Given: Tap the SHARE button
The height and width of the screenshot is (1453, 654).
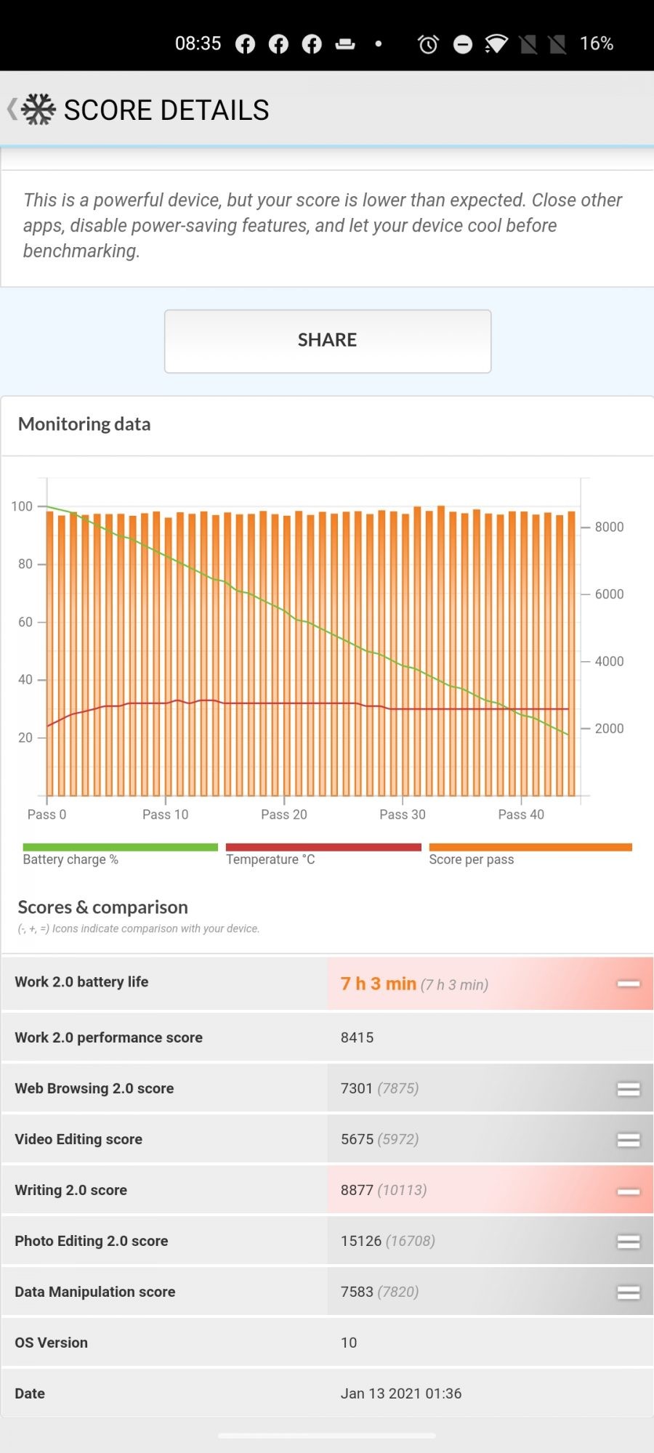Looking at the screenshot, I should click(327, 341).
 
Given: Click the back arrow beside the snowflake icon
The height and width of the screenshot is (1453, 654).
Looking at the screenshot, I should click(12, 109).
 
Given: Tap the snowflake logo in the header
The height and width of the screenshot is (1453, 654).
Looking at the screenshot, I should click(39, 110).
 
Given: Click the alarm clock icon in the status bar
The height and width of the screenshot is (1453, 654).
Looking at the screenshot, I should click(428, 44).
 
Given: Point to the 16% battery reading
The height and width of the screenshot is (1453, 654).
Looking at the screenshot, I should click(596, 44).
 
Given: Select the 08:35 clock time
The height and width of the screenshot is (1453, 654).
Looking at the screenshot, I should click(198, 44).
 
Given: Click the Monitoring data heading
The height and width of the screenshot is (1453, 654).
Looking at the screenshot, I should click(84, 424).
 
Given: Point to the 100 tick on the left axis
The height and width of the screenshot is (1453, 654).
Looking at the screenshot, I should click(22, 506).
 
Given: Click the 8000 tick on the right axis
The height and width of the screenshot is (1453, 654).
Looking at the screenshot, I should click(609, 527).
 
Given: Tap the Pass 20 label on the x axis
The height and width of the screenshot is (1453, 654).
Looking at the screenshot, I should click(284, 814).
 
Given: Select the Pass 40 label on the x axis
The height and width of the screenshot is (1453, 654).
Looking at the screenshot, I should click(521, 814).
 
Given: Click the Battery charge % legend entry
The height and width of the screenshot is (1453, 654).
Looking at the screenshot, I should click(70, 859).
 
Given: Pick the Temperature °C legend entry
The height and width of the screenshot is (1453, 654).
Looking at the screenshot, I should click(270, 859).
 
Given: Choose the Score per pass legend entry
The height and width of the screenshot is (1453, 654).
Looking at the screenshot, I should click(471, 859).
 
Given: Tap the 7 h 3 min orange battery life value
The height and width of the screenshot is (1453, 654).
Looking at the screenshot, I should click(379, 984).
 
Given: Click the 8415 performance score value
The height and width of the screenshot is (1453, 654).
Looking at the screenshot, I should click(357, 1037).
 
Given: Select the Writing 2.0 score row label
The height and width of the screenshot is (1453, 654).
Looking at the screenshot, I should click(71, 1190).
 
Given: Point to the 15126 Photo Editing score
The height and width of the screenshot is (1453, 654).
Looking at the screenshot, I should click(361, 1241).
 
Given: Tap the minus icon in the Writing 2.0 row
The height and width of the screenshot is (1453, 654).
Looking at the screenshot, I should click(629, 1191).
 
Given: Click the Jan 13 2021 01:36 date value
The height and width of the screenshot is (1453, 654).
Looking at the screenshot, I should click(401, 1393).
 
